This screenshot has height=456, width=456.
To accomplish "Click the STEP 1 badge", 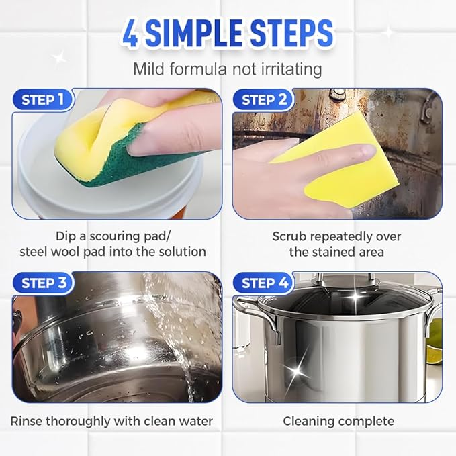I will pyautogui.click(x=43, y=101).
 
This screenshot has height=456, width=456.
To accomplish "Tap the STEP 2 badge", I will pyautogui.click(x=263, y=101).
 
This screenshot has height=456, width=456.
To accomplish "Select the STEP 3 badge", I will pyautogui.click(x=44, y=283).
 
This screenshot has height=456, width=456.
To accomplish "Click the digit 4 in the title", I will pyautogui.click(x=131, y=34).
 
